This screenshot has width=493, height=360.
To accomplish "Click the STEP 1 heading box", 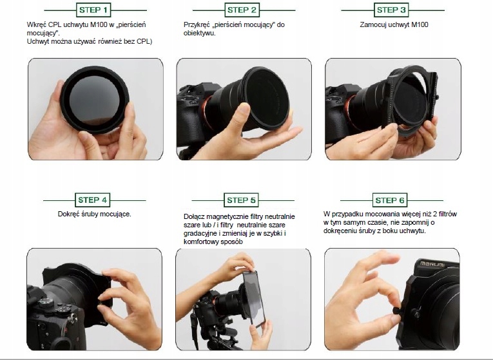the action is coord(93,10).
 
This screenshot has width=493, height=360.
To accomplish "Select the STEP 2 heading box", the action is coord(242,10).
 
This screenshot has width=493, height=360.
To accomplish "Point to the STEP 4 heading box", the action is coord(92,200).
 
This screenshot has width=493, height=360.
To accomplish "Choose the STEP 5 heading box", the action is coord(241,200).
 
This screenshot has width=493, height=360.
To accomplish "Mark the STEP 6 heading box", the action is coord(390,200).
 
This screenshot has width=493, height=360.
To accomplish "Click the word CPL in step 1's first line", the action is coord(54,25).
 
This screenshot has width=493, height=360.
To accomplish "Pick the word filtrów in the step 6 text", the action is coord(447,214).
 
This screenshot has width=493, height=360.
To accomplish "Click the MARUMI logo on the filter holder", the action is coord(432,264).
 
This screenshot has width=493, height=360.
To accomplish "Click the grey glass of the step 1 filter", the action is coord(93,101).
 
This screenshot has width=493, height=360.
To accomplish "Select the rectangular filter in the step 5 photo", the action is coord(254,298).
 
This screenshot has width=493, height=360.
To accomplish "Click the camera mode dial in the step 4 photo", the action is coord(46,302).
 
